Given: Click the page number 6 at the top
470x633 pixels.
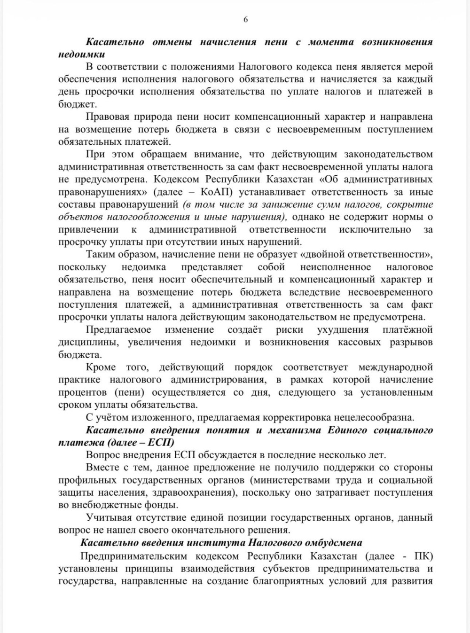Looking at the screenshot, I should coord(245,19).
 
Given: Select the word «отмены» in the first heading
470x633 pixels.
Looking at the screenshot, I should coord(172,42).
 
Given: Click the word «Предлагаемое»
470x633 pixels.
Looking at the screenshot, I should coord(117,329).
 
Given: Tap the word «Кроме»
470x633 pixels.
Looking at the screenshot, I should coord(100,367).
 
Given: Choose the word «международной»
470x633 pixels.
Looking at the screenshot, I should coord(396,367).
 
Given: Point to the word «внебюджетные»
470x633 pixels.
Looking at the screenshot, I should coord(102,505).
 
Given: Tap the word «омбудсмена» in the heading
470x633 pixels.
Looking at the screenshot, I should coord(333,543).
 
